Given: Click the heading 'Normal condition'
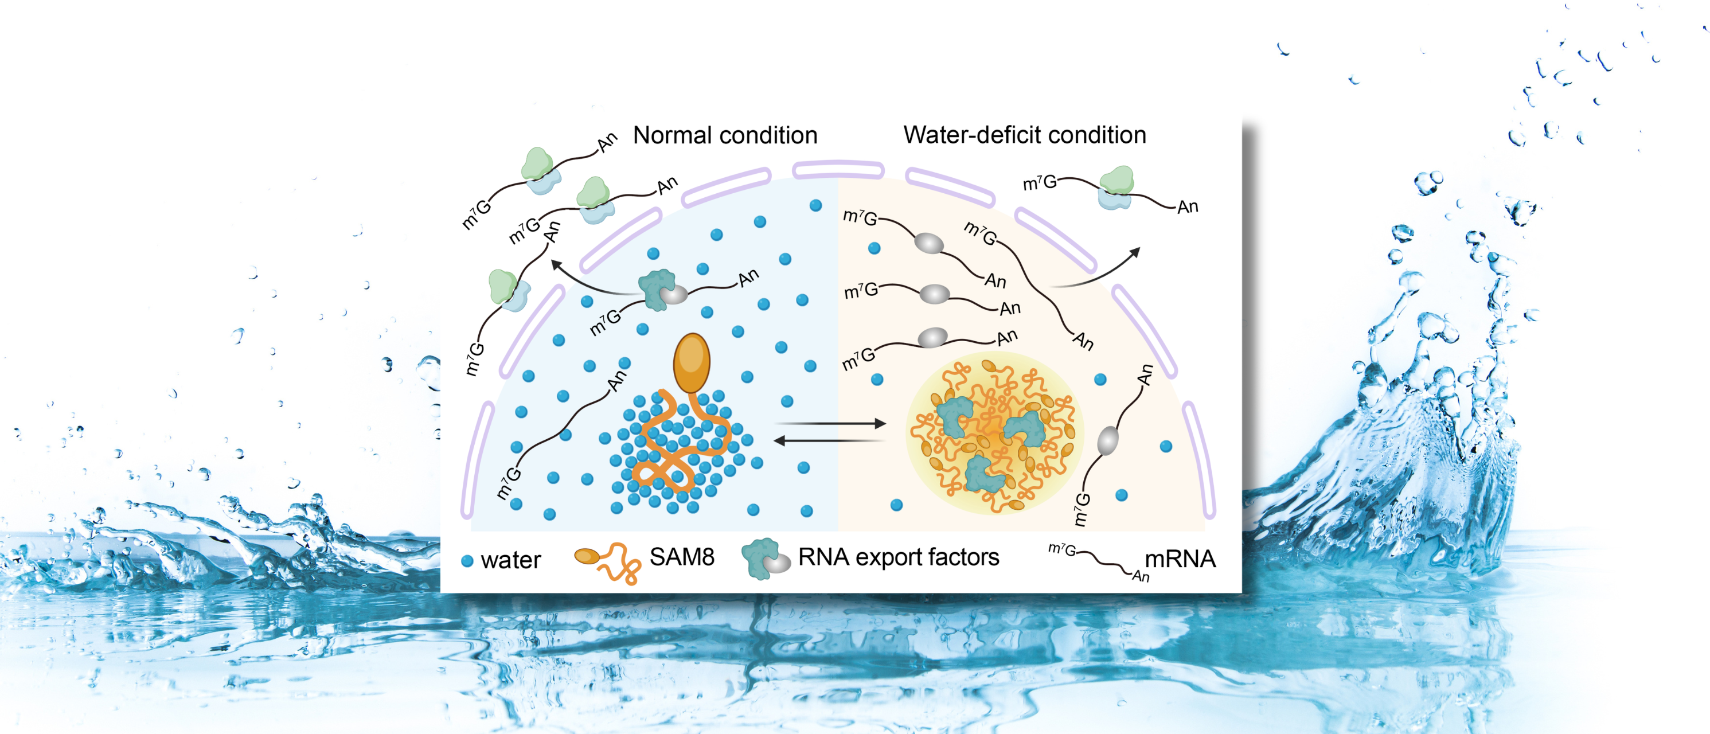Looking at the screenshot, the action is [x=725, y=135].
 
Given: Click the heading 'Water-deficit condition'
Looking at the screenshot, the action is [x=1024, y=135].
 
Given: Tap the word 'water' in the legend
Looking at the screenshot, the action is [x=510, y=560].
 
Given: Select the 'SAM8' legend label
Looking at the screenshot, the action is [x=682, y=557].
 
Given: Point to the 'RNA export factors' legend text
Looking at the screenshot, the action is [x=898, y=557].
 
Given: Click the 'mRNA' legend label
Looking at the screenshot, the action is [x=1180, y=559].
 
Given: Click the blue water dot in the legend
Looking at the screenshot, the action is [x=467, y=561].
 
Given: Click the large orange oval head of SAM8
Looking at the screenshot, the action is [x=692, y=363].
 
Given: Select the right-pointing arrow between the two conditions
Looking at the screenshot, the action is [x=830, y=423].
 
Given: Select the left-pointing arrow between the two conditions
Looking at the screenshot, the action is [x=830, y=440].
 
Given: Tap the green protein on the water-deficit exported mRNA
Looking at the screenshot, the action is [x=1117, y=180].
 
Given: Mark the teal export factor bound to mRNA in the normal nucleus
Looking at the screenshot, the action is [x=655, y=290].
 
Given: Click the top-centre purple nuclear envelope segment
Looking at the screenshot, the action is [x=838, y=170].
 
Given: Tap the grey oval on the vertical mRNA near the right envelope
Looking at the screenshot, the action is [x=1107, y=440].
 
